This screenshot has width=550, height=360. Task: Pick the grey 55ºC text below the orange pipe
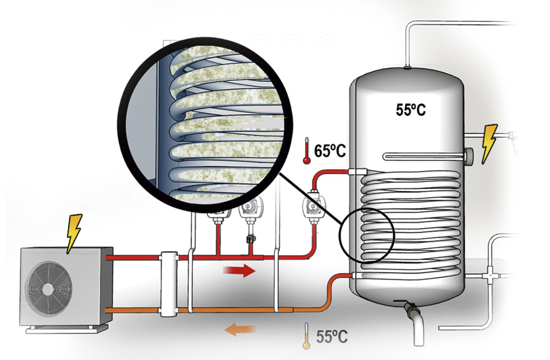pos(332,336)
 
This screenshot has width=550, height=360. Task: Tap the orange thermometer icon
pos(306,336)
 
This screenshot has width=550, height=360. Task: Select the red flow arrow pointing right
pos(240,270)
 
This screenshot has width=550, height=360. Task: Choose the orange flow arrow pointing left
pos(240,330)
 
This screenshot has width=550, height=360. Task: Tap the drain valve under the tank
pos(411,307)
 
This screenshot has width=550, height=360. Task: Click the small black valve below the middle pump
pos(251,239)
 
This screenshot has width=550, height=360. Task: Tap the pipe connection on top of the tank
pos(408,67)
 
